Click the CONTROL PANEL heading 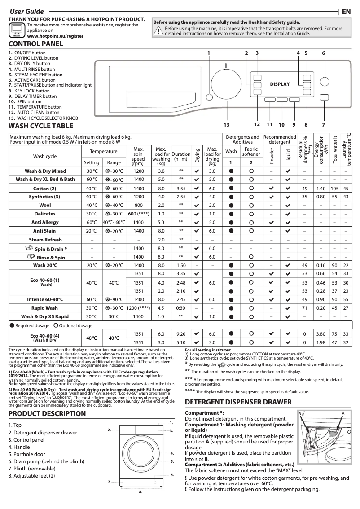36,44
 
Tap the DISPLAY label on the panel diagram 280,84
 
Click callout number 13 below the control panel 226,124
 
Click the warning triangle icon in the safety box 158,31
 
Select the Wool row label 45,206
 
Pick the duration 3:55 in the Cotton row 181,189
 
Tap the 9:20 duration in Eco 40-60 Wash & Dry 181,334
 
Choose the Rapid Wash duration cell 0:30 181,308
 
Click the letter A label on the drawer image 342,413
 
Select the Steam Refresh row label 45,240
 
